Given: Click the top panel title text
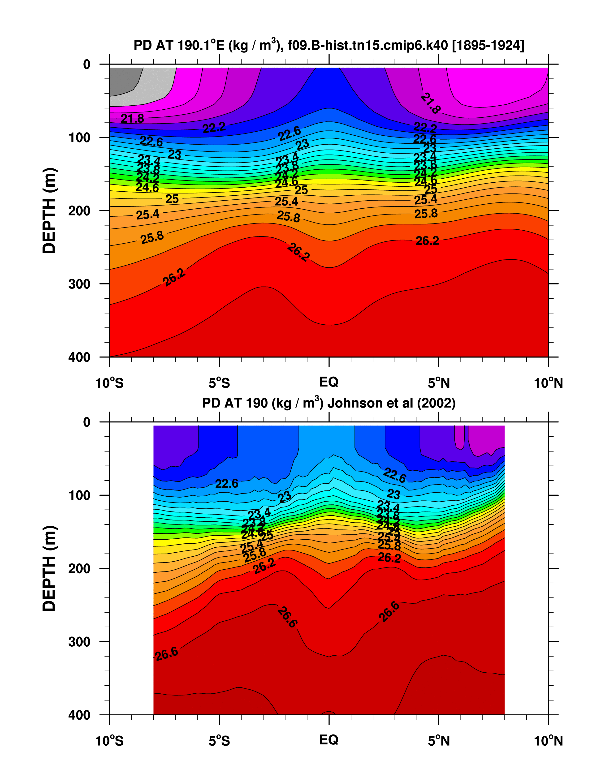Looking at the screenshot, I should coord(328,45).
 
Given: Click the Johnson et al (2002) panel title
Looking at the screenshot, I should coord(328,403).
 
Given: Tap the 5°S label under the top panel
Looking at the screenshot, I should coord(219,383).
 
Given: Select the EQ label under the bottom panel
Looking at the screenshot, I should coord(328,739).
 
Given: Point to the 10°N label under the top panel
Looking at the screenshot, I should coord(548,383).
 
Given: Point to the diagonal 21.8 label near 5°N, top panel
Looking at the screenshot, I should coord(430,103).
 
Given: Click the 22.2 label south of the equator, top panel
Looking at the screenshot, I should coord(214,128).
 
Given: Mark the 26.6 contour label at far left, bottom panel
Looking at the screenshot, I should coord(167,653).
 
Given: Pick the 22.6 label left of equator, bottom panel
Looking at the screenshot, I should coord(226,484).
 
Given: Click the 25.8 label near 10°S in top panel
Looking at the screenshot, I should coord(152,238).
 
